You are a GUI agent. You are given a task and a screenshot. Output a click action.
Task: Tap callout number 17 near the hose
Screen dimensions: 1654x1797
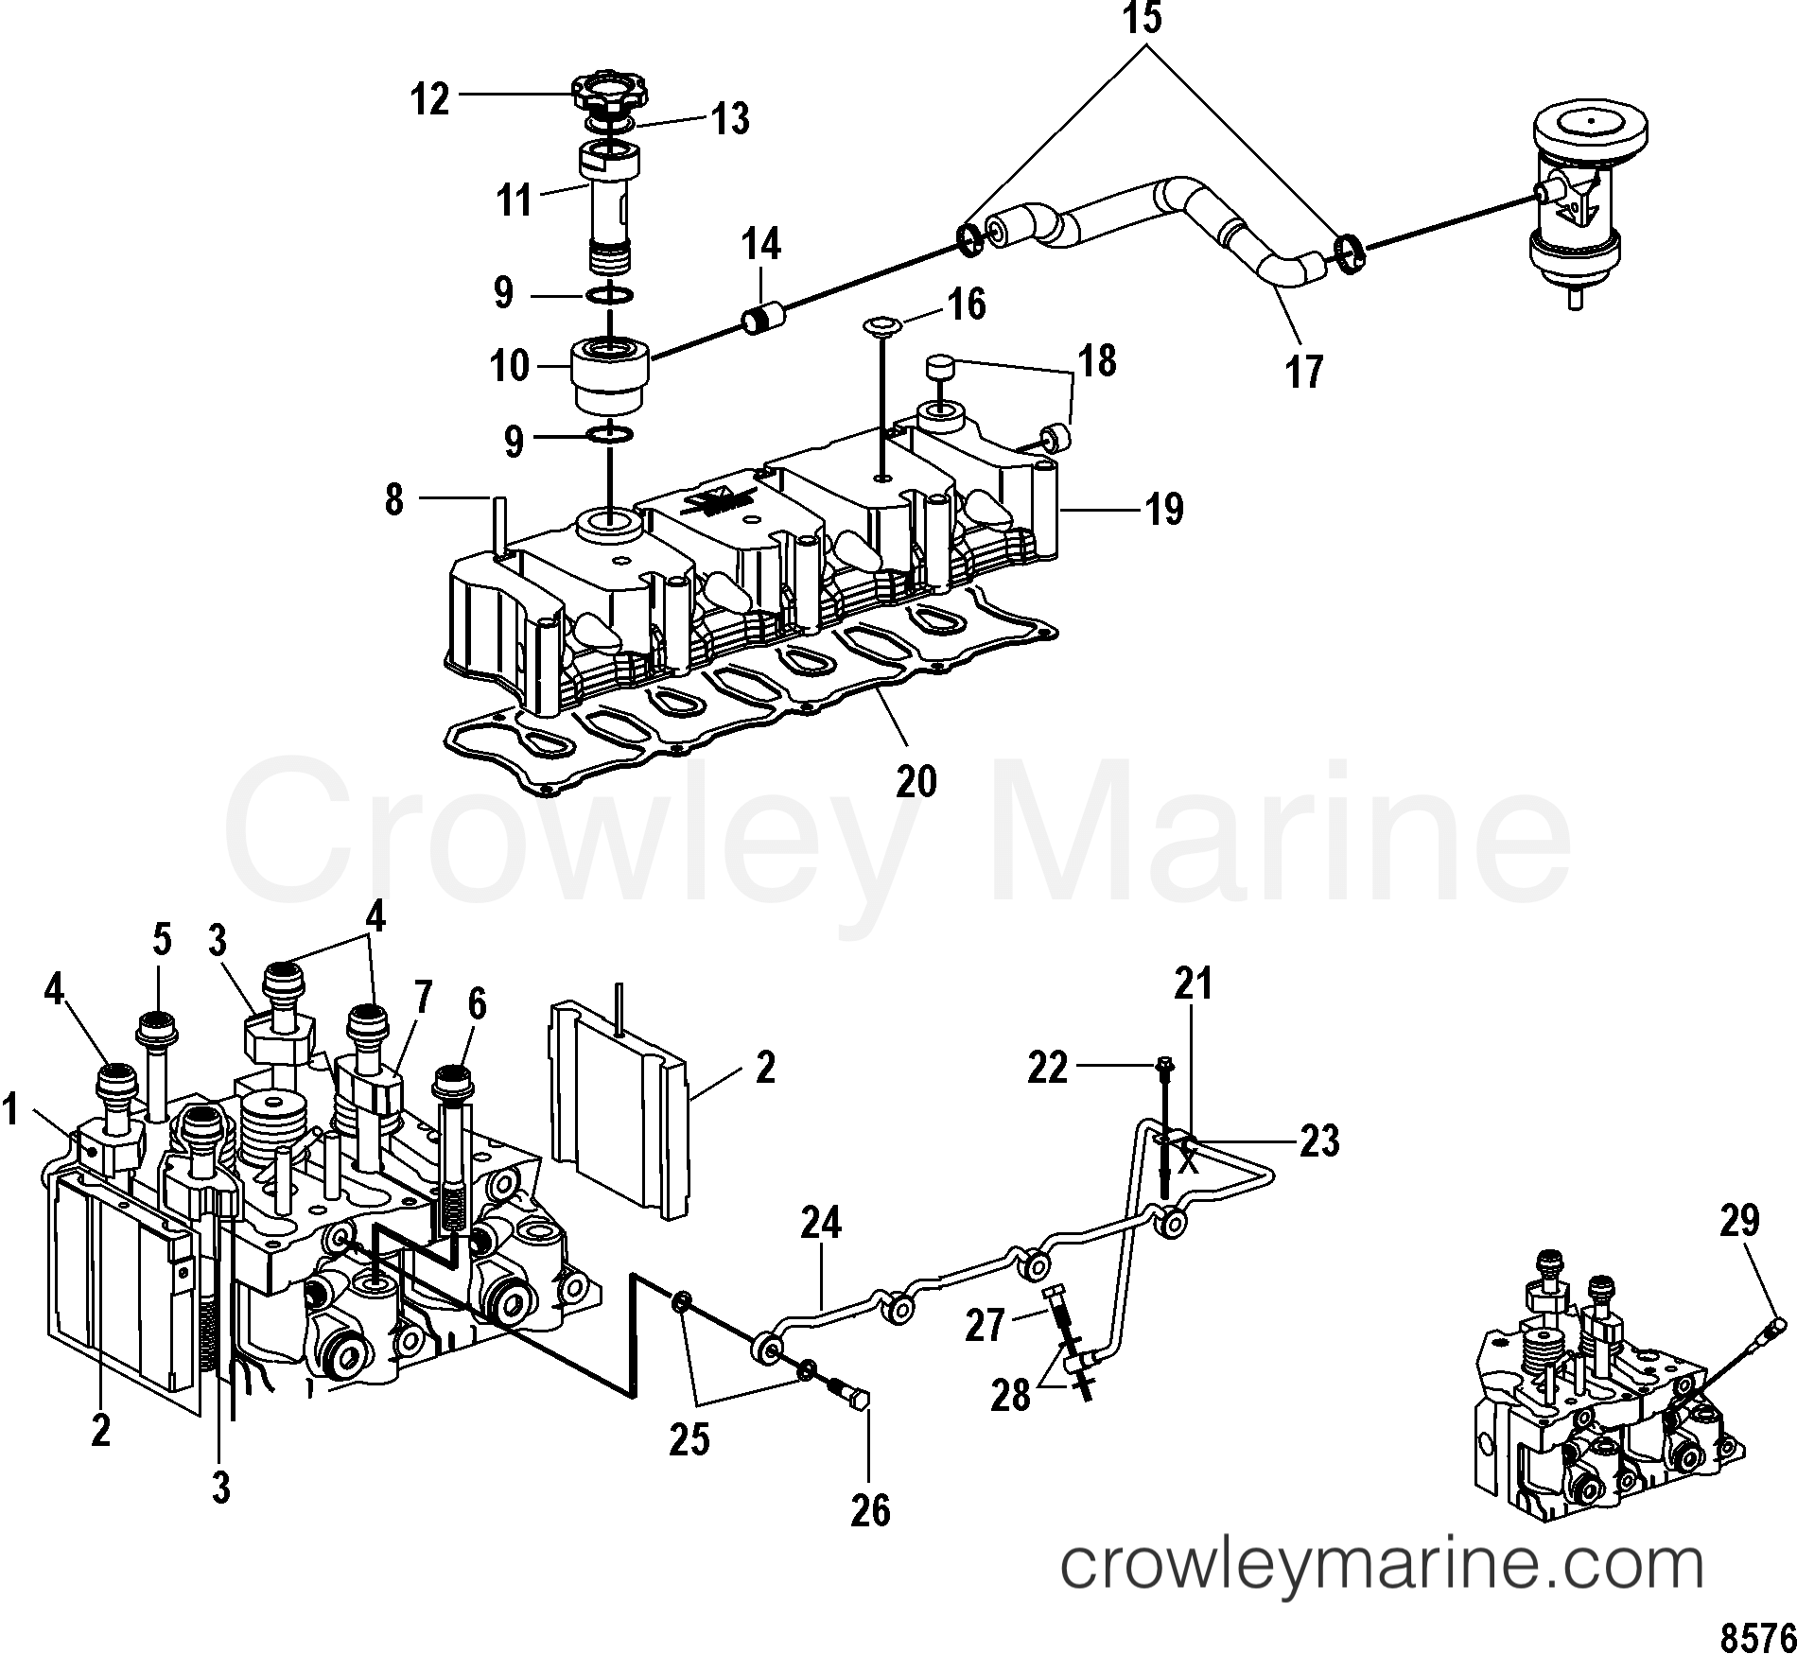pyautogui.click(x=1304, y=371)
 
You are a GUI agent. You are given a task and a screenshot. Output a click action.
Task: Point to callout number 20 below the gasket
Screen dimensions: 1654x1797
pyautogui.click(x=916, y=781)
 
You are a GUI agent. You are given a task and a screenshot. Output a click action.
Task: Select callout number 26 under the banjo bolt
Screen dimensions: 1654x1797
pyautogui.click(x=870, y=1511)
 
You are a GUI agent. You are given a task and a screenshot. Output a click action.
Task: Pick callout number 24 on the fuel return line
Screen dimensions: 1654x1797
pyautogui.click(x=820, y=1225)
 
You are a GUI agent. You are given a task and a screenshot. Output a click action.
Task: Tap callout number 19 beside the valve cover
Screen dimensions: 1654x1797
pyautogui.click(x=1163, y=510)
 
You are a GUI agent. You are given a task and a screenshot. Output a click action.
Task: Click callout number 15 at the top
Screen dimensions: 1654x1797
pyautogui.click(x=1143, y=19)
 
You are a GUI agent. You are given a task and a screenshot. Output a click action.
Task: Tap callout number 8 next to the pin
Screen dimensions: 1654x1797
pyautogui.click(x=394, y=498)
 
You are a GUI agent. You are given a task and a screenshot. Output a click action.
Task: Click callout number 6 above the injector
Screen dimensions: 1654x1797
pyautogui.click(x=477, y=1005)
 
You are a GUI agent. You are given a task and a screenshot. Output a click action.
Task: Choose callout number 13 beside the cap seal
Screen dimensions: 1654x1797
pyautogui.click(x=729, y=119)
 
